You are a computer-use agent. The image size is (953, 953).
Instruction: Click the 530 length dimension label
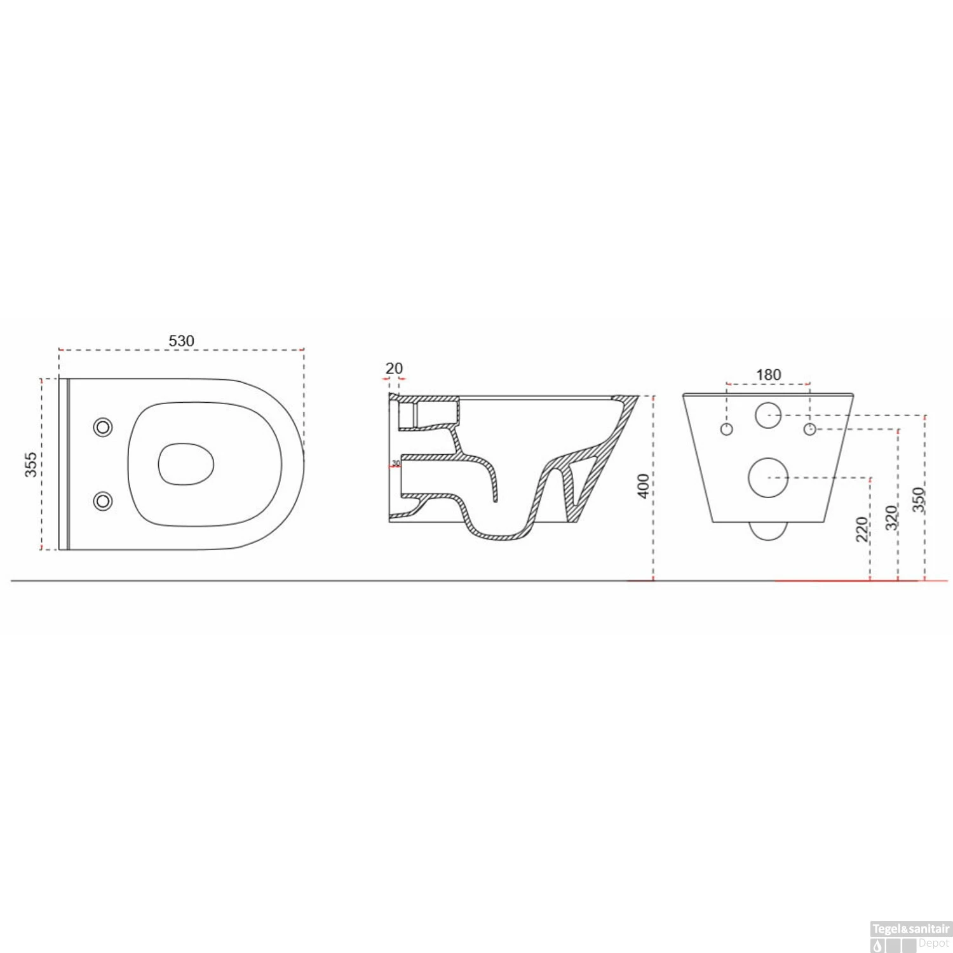[181, 341]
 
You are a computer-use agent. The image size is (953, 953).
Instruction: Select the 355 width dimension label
[30, 464]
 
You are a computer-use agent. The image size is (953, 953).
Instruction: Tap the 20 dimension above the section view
[394, 368]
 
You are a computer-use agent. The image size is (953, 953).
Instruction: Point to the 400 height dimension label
[643, 486]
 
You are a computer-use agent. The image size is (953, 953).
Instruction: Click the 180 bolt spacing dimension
[768, 375]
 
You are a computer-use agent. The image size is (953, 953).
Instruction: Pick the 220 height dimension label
[862, 529]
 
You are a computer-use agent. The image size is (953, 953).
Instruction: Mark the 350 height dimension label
[918, 499]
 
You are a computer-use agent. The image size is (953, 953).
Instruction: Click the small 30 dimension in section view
[396, 463]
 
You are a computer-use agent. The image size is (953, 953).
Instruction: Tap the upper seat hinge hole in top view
[103, 427]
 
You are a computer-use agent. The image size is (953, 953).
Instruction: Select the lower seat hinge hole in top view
[103, 501]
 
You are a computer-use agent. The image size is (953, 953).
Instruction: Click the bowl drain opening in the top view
[186, 464]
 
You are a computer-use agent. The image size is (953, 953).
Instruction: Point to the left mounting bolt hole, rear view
[727, 429]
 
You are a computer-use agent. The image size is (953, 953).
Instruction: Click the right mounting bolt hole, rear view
[809, 429]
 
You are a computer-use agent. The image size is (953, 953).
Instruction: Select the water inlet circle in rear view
[768, 415]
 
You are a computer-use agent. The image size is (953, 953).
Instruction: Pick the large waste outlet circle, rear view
[768, 477]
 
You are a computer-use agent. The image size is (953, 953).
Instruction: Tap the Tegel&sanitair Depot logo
[910, 936]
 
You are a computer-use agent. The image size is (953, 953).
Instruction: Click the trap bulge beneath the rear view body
[768, 531]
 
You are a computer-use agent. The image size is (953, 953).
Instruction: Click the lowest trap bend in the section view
[499, 535]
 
